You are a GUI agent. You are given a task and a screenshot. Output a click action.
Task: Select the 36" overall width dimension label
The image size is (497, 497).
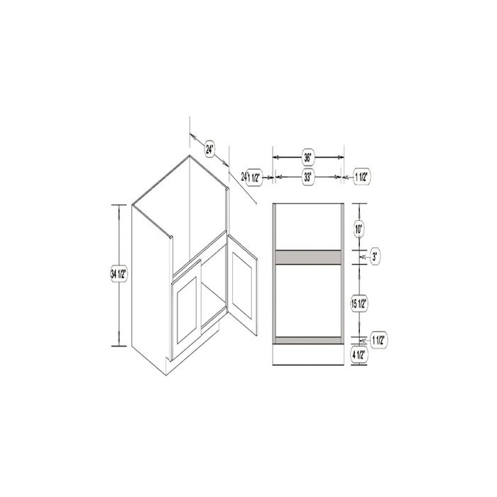coord(308,158)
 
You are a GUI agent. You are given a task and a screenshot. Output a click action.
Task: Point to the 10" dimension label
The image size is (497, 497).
coord(359,229)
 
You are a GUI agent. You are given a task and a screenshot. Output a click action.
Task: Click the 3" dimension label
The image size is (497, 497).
coord(375,257)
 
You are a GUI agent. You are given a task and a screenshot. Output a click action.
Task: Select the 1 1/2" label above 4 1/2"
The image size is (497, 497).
coord(377,340)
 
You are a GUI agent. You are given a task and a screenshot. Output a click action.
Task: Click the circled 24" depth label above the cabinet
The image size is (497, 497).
coord(209,149)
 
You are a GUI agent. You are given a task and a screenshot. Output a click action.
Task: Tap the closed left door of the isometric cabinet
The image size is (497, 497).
coord(187,312)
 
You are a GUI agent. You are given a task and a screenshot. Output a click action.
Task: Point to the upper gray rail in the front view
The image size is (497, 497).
coord(308,257)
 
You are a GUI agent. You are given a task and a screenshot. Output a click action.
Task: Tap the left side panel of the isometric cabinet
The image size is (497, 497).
coord(149,284)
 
